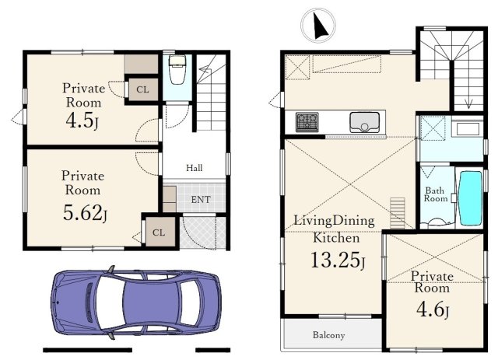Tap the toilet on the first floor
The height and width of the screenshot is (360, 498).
(x=177, y=69)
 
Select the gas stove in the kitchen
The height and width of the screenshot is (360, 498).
(x=307, y=122)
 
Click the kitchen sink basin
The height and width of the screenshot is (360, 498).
(x=364, y=122)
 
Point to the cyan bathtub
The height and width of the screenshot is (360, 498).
(x=471, y=198)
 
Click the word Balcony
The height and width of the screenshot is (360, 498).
(x=328, y=335)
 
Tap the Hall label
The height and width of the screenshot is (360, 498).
(x=194, y=168)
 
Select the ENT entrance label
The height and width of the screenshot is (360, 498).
(x=201, y=199)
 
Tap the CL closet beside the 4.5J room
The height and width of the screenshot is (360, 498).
(x=142, y=89)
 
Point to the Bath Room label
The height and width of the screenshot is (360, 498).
(x=436, y=194)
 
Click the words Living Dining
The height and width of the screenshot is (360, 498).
(x=334, y=221)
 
